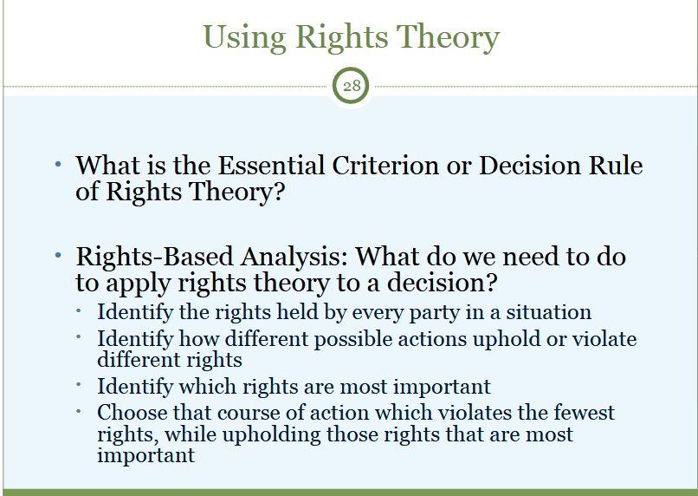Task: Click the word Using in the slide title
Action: [244, 37]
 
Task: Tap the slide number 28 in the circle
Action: [352, 85]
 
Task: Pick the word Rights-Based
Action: [154, 257]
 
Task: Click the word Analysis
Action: [294, 258]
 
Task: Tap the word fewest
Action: [584, 412]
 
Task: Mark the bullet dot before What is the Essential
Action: [58, 164]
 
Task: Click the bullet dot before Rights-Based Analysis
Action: [58, 255]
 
